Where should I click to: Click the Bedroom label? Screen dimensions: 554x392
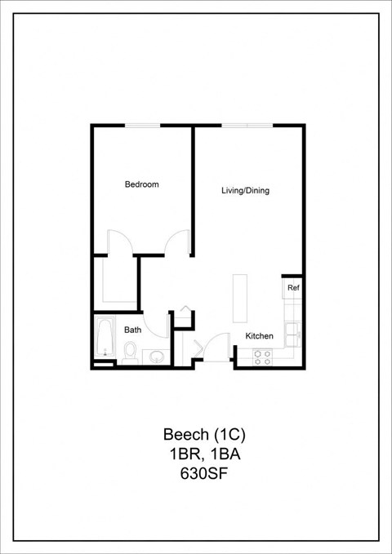pos(141,184)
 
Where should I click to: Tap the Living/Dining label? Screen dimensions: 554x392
pos(245,191)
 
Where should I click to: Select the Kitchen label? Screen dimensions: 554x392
pos(260,335)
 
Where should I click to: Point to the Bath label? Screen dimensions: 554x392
pos(132,330)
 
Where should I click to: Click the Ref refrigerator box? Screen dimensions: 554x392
pos(292,287)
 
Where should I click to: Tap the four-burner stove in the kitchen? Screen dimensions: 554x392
pos(262,356)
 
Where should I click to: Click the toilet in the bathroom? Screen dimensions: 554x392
pos(131,352)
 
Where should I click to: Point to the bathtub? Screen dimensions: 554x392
pos(103,337)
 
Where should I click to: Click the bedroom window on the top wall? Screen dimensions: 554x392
pos(142,125)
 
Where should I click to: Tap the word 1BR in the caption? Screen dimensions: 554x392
pos(178,452)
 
